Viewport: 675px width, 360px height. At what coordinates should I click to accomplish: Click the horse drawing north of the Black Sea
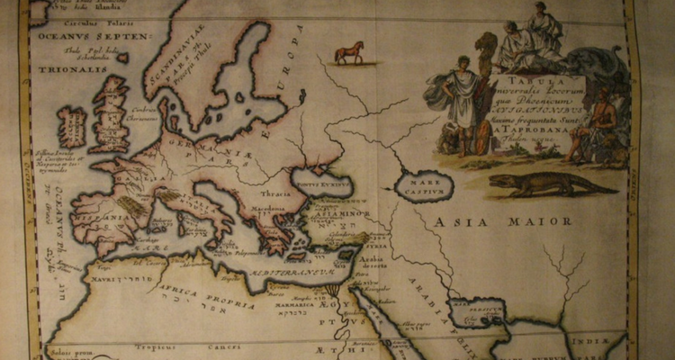click(x=350, y=53)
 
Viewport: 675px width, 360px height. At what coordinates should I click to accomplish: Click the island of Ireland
click(x=73, y=126)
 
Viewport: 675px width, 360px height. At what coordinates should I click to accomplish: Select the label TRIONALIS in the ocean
click(x=62, y=67)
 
